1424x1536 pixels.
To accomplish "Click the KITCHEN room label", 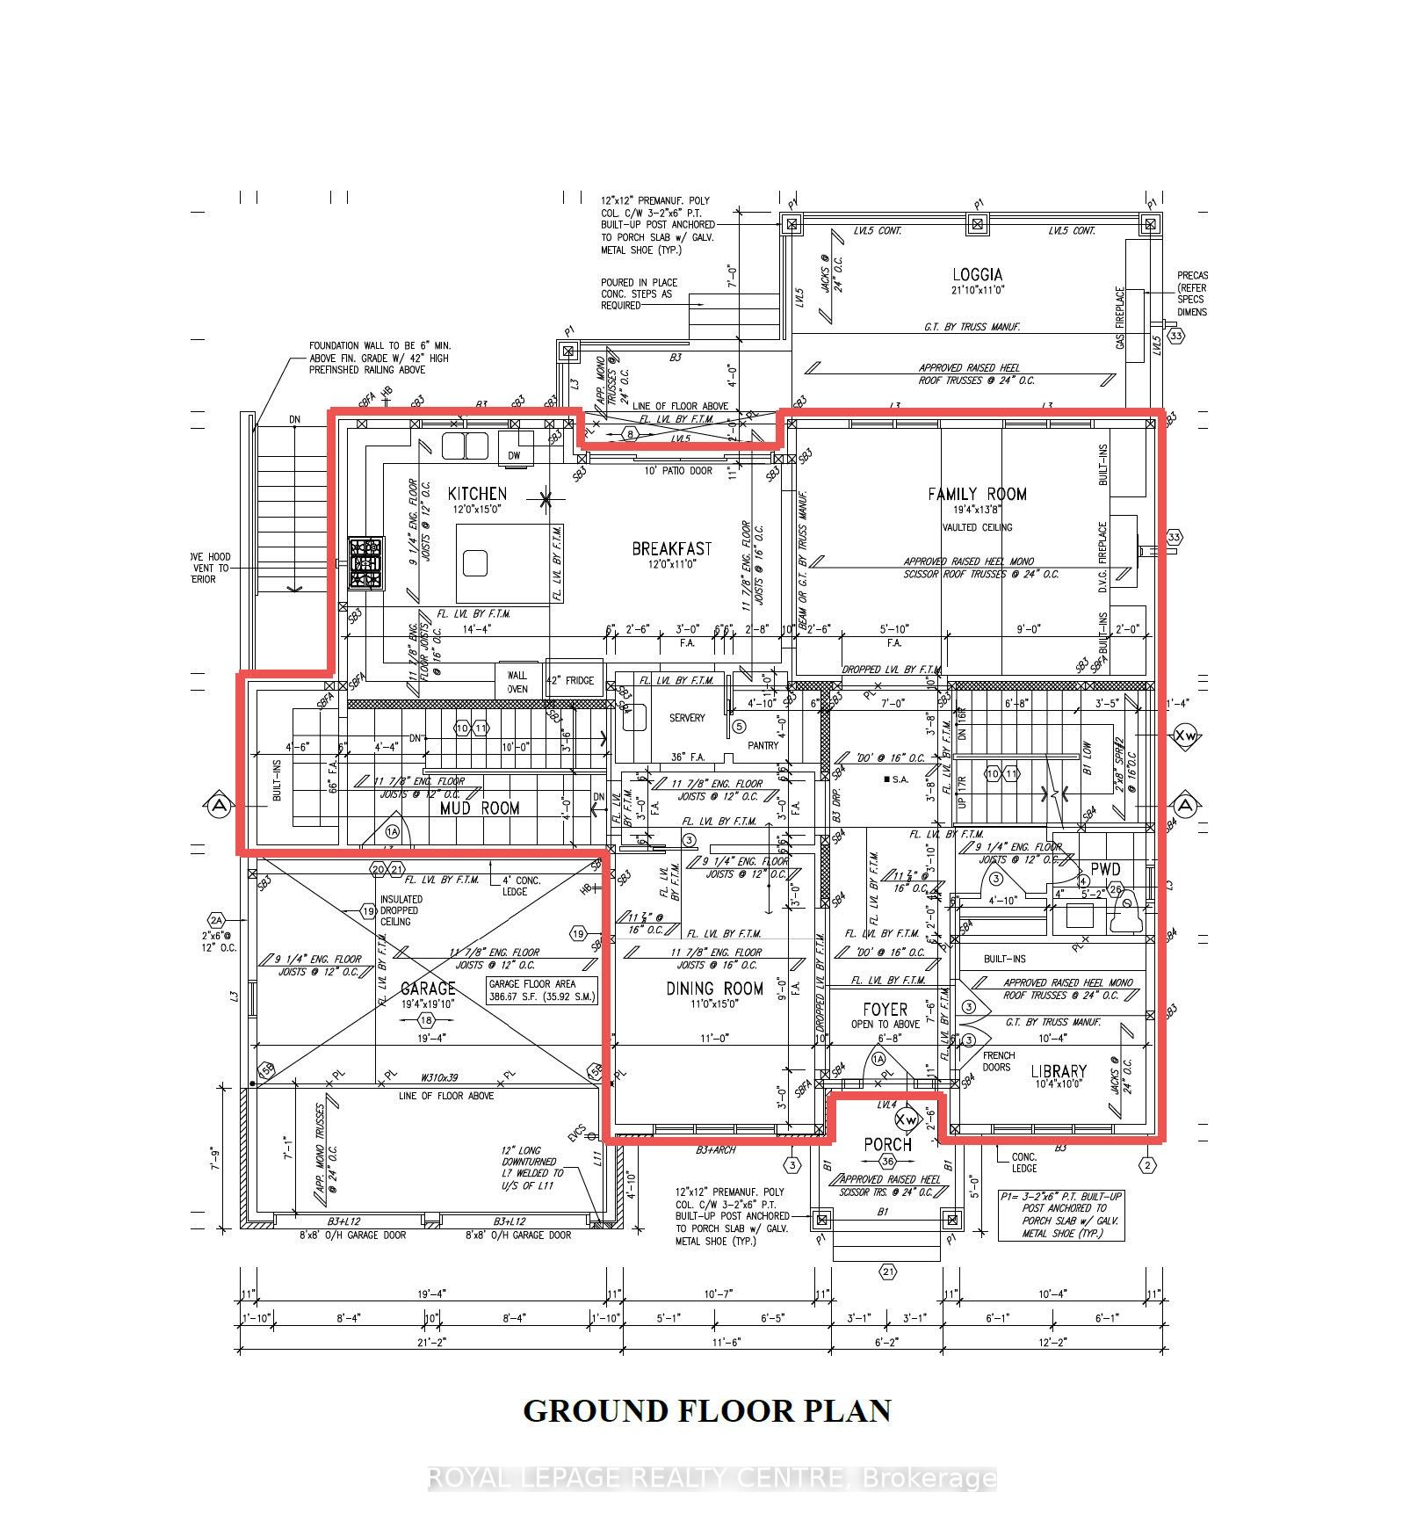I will [477, 494].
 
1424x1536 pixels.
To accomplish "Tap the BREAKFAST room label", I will [672, 549].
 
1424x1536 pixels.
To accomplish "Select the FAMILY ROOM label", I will [977, 495].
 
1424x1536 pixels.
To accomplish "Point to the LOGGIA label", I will [977, 275].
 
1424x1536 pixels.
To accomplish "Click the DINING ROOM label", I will [714, 989].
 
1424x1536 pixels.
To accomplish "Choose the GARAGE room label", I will [428, 989].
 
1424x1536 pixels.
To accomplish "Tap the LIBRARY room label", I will [1059, 1071].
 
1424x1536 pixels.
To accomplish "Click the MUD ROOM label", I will [480, 808].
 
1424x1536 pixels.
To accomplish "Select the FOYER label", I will [885, 1010].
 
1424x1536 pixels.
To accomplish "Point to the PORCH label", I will [887, 1145].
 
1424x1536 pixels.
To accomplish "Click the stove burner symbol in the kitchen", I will [366, 563].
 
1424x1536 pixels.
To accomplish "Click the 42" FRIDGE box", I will [571, 680].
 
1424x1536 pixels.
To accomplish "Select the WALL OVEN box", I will [517, 682].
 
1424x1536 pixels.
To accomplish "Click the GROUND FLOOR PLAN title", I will [707, 1410].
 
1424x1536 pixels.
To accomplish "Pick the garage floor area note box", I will [542, 990].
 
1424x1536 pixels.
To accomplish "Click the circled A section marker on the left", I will [219, 806].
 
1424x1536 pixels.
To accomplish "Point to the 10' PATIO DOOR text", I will [678, 471].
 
